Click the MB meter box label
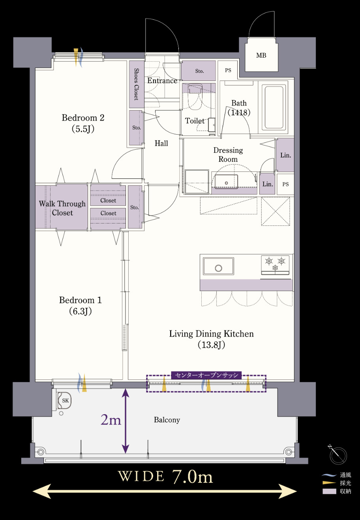point(261,56)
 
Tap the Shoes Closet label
point(137,84)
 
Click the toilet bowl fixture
point(195,97)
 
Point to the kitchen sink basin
point(218,266)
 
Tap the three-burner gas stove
point(275,265)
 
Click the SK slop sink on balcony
point(64,400)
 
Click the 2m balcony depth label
point(111,420)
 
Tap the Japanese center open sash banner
point(206,375)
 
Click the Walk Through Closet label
point(62,208)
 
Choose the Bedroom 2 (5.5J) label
point(83,123)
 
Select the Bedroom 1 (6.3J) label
point(80,305)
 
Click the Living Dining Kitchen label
point(211,339)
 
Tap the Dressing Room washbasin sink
point(226,182)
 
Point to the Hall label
point(161,143)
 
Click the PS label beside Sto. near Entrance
point(228,70)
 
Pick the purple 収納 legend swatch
point(329,491)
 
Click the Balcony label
point(167,420)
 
